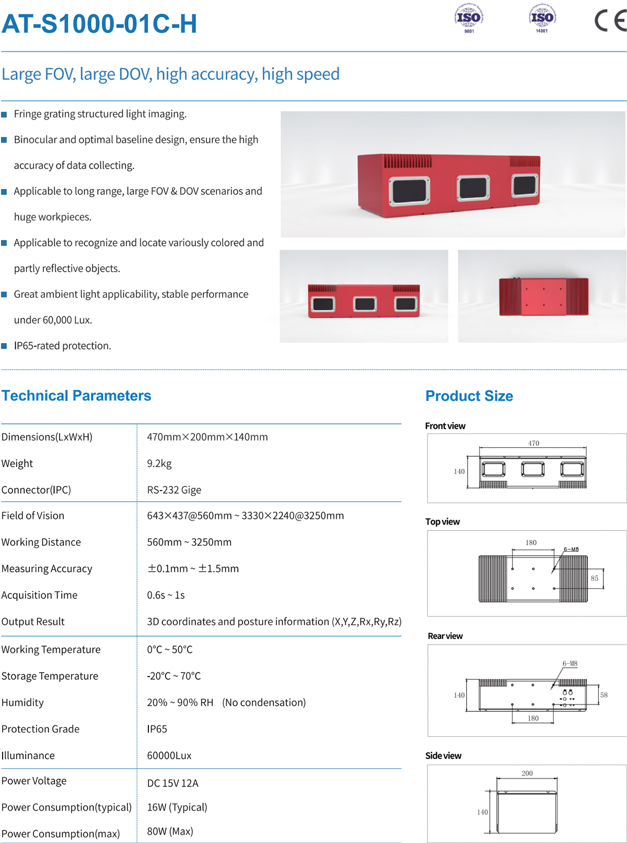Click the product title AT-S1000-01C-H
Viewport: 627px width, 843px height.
(99, 24)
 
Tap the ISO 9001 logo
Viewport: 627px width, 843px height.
(469, 19)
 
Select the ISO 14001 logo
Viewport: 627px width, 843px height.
(542, 19)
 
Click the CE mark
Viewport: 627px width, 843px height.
(610, 21)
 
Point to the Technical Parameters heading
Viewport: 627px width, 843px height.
(76, 396)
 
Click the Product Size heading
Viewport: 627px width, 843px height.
(469, 396)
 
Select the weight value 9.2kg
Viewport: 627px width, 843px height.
(159, 464)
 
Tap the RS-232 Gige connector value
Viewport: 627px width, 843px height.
(174, 490)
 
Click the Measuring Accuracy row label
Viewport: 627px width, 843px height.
(47, 569)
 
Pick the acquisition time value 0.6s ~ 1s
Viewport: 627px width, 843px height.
(166, 595)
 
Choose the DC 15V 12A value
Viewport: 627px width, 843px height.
(172, 783)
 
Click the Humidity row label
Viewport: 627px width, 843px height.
(22, 702)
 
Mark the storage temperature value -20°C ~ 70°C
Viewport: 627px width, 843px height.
(173, 676)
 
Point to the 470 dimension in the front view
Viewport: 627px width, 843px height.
(533, 443)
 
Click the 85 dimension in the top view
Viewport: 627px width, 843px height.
(595, 579)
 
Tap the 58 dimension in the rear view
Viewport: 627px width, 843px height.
(604, 695)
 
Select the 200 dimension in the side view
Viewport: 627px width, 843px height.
(527, 773)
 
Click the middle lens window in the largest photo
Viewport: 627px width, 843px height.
(473, 189)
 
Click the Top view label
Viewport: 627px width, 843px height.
(443, 522)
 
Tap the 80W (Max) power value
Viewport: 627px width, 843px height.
(170, 832)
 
